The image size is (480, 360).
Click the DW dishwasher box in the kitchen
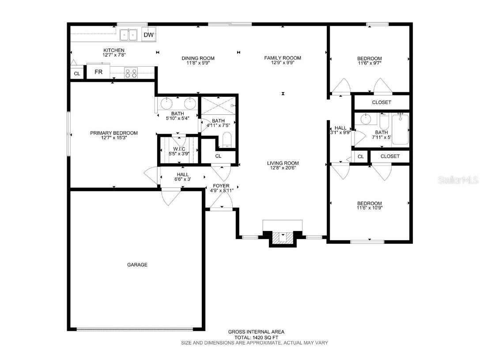click(149, 35)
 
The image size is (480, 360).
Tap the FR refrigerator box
click(98, 72)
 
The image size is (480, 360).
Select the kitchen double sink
click(129, 34)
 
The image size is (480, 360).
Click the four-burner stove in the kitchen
click(131, 72)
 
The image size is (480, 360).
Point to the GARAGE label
click(137, 265)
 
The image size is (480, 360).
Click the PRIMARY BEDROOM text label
click(114, 133)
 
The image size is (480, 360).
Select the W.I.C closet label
click(179, 148)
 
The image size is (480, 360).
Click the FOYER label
click(221, 186)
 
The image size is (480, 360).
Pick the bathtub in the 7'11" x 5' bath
click(401, 130)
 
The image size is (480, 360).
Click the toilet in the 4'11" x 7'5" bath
click(227, 140)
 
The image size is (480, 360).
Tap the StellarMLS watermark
click(457, 180)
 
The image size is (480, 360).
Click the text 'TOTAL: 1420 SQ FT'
click(256, 337)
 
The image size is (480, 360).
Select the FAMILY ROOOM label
click(283, 58)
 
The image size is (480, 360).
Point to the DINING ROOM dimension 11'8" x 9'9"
click(198, 63)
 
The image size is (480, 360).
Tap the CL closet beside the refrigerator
click(77, 73)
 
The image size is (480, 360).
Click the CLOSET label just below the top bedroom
click(382, 102)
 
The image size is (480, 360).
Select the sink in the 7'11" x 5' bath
click(366, 118)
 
